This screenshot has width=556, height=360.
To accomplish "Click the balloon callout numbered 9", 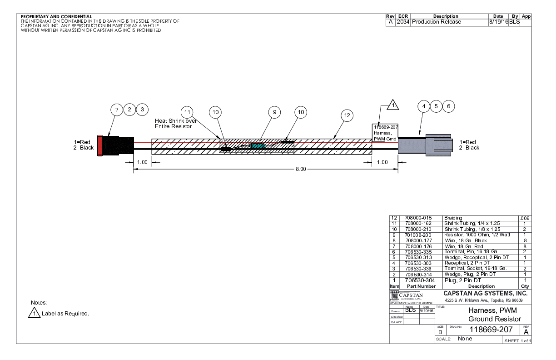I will pos(274,112).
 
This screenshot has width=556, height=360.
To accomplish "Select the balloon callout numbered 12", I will pos(347,115).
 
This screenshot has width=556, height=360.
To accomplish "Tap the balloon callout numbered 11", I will pos(187,112).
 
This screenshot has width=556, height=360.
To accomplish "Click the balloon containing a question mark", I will pos(117,110).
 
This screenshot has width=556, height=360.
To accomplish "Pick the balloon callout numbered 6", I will pos(448,106).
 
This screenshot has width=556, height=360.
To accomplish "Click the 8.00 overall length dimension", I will pos(301,169).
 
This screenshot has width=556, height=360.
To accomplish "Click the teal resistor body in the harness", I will pos(257,145).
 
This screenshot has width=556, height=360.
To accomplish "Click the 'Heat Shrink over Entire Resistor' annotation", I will pos(175,123).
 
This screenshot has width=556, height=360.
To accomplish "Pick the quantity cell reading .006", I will pos(524,218).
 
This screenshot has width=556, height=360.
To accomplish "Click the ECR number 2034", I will pos(402,22).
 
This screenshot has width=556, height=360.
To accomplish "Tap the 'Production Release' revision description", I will pos(437,22).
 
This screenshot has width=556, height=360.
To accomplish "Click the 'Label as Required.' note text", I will pos(65,314).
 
